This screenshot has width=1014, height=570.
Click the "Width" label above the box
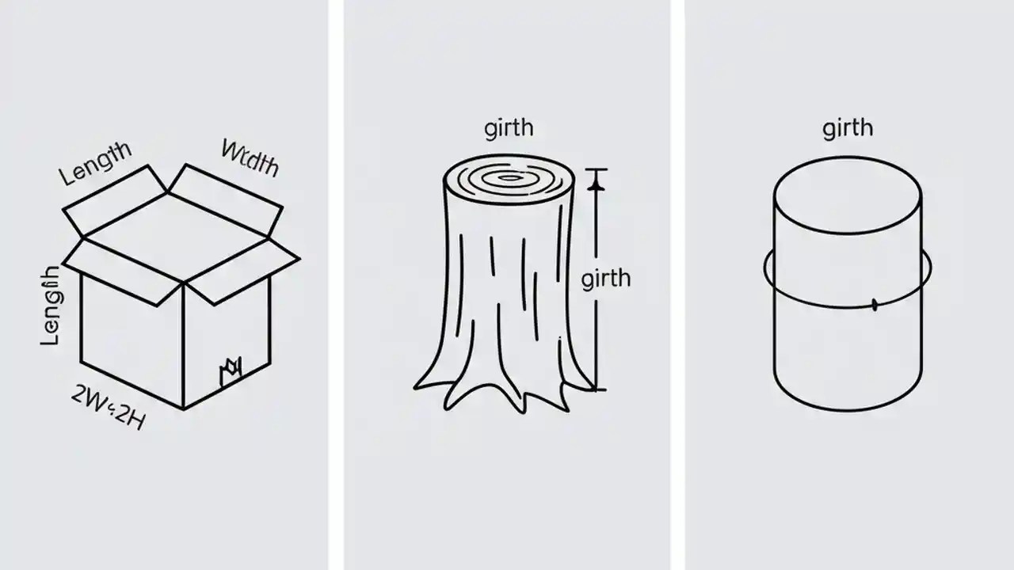tap(250, 157)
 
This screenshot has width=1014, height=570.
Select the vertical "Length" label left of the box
tap(49, 306)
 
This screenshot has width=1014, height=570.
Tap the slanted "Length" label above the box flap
tap(95, 164)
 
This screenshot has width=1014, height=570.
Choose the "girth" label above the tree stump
tap(508, 127)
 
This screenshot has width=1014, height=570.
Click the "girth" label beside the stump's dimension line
tap(606, 279)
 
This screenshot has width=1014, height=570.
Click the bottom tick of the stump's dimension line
tap(596, 389)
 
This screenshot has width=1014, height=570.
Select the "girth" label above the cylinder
tap(848, 127)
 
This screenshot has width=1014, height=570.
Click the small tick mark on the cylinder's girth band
tap(875, 304)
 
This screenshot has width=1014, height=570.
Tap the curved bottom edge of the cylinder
tap(847, 411)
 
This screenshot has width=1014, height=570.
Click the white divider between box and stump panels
tap(336, 285)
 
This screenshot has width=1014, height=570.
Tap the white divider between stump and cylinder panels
tap(677, 285)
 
